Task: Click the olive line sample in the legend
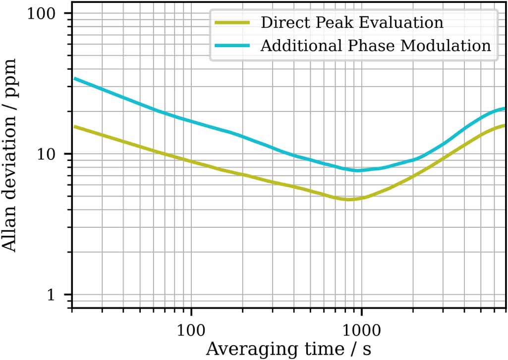click(232, 23)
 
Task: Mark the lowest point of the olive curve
click(349, 200)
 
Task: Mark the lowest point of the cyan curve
click(357, 170)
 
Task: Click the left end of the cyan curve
click(73, 78)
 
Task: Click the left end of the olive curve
click(73, 126)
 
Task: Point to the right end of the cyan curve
click(505, 108)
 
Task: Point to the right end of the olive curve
click(505, 125)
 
